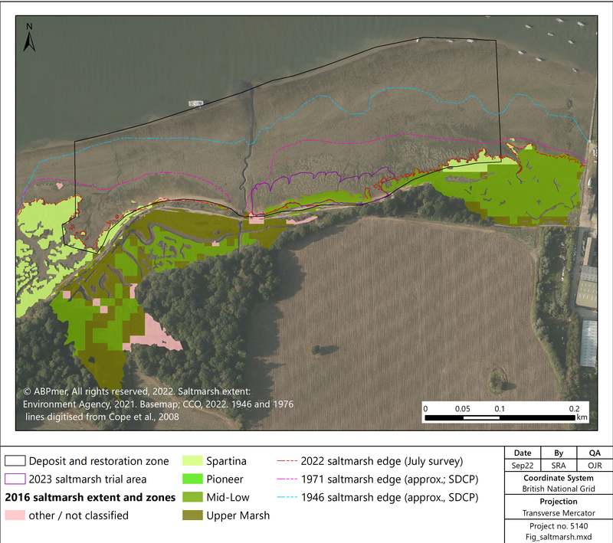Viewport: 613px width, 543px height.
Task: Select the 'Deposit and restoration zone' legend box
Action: click(16, 462)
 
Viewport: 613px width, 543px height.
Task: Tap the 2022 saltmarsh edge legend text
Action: click(379, 462)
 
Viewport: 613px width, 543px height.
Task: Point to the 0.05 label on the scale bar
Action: click(463, 408)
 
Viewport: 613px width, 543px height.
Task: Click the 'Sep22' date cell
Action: click(522, 466)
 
